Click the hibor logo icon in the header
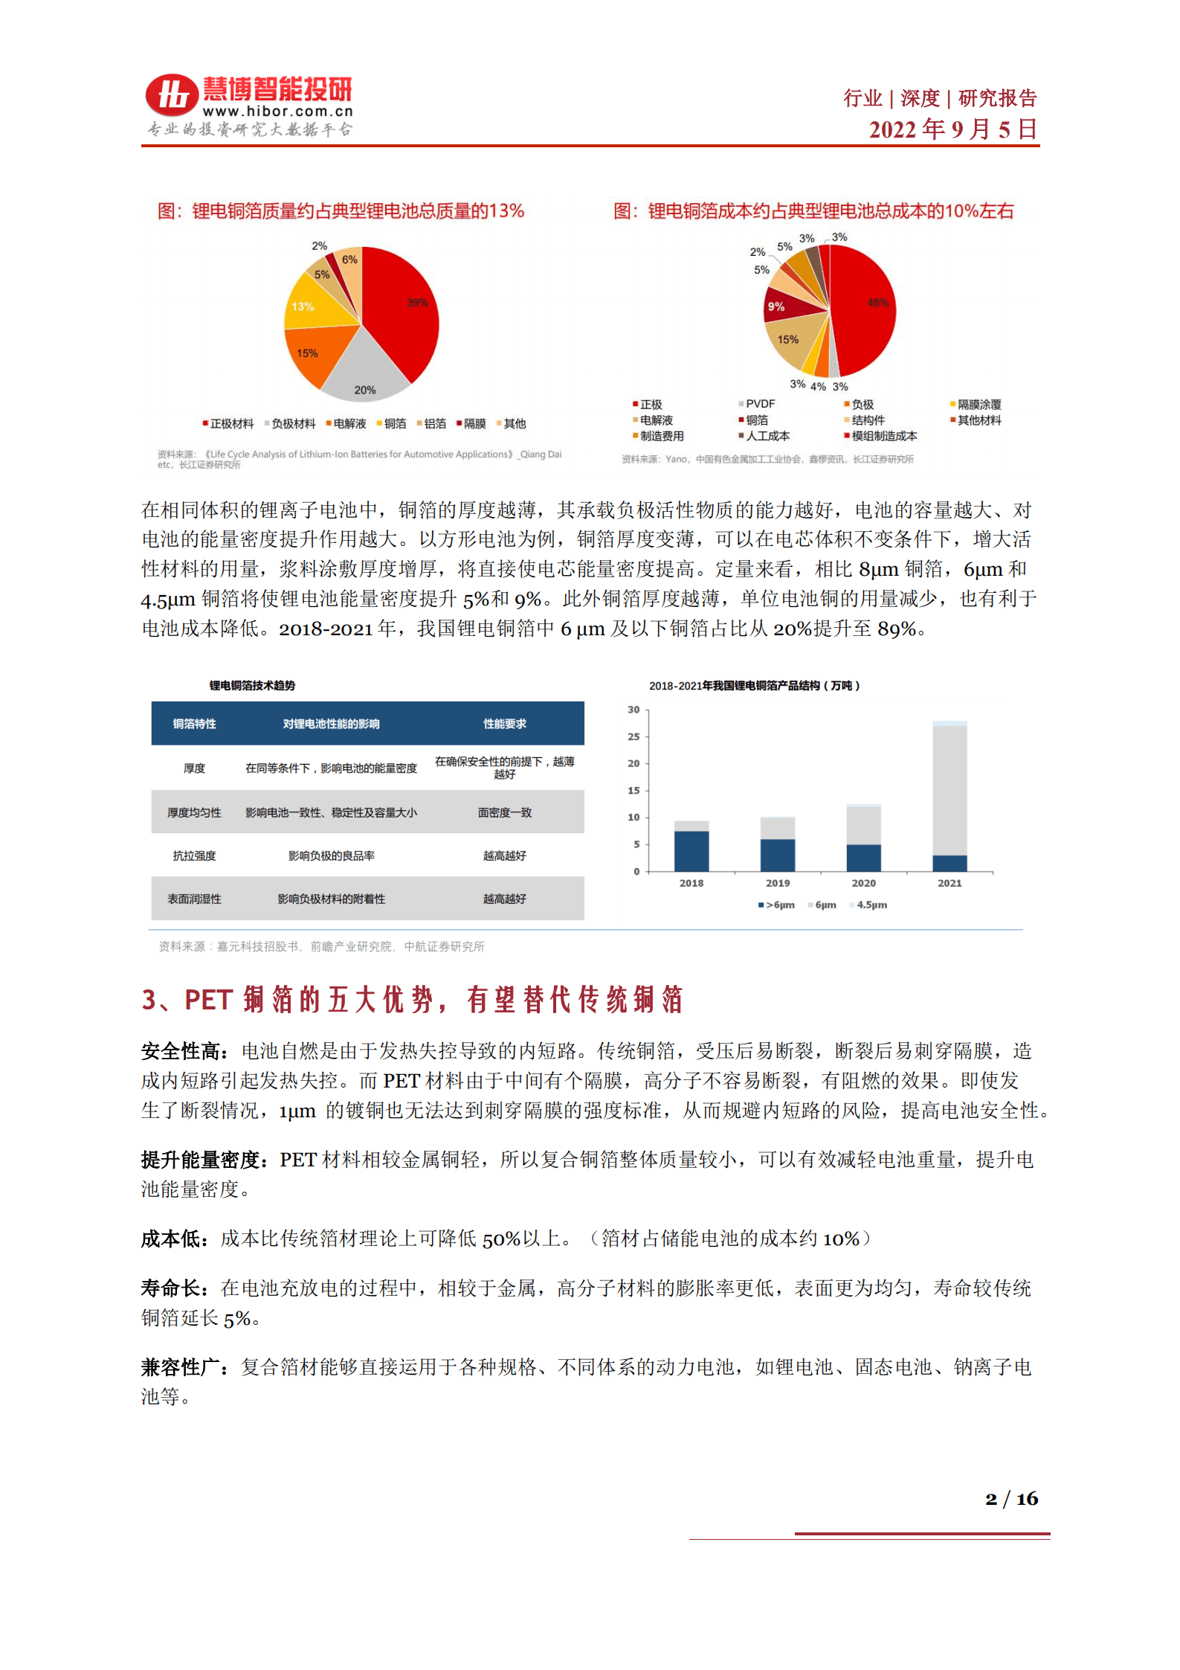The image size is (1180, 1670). point(172,95)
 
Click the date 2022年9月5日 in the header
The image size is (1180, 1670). point(952,129)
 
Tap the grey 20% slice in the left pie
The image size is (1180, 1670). point(364,372)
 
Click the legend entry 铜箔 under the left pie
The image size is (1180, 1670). point(392,424)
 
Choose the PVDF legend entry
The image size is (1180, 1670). point(758,404)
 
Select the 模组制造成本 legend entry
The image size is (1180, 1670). point(882,436)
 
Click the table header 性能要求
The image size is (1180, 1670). point(504,724)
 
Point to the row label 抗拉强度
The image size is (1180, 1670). point(194,856)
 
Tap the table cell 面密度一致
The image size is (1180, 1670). point(504,813)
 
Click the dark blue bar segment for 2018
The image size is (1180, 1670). point(691,851)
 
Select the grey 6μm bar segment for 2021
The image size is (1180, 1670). point(950,790)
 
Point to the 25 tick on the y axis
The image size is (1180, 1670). point(633,736)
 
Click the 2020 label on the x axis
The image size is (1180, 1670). point(863,883)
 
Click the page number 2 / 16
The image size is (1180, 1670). point(1011,1499)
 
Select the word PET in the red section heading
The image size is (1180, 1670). point(209,1000)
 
